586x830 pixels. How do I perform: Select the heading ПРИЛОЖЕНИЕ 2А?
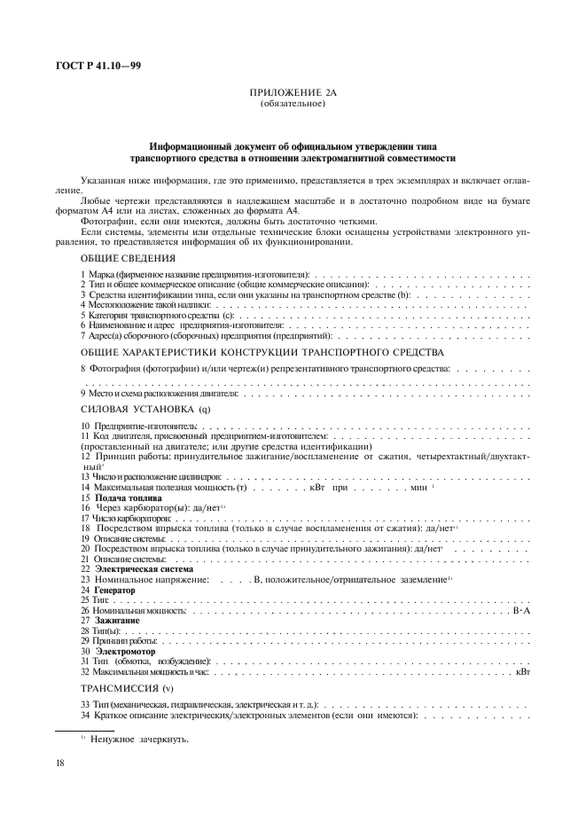click(293, 93)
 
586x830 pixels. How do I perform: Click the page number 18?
click(60, 763)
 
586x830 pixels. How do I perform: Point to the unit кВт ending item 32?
click(523, 671)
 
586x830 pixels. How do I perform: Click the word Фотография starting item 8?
click(118, 366)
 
